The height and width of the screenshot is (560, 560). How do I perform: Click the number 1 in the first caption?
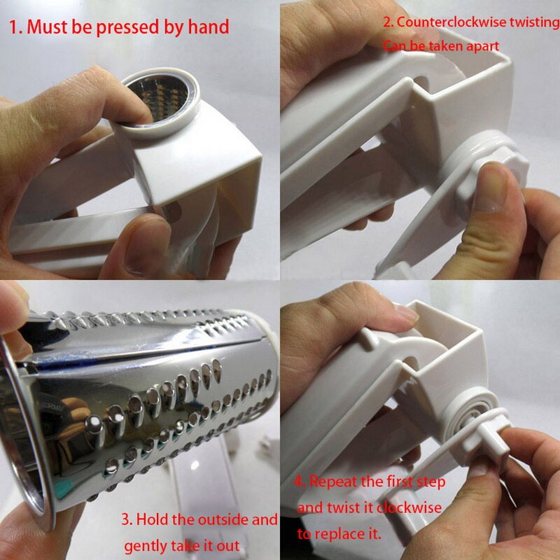point(13,28)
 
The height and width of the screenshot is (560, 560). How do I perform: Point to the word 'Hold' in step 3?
point(153,520)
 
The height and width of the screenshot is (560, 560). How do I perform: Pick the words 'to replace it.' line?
point(339,533)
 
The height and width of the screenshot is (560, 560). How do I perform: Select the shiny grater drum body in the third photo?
point(140,392)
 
